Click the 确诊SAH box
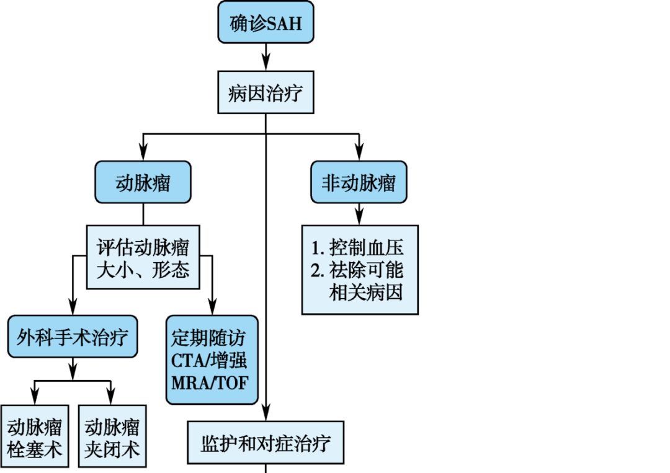click(x=266, y=23)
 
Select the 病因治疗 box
click(x=266, y=93)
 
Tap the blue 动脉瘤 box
click(x=143, y=182)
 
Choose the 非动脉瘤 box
click(x=359, y=182)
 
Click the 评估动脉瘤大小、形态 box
click(x=143, y=257)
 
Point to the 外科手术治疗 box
click(x=73, y=337)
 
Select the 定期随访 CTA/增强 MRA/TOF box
click(x=212, y=360)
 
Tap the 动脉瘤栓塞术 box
click(x=35, y=438)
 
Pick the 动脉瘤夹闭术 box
click(x=112, y=438)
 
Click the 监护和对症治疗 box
click(x=266, y=443)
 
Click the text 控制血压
click(x=367, y=248)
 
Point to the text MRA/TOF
click(x=210, y=382)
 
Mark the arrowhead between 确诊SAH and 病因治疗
click(x=266, y=62)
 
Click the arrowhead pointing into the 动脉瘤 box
click(x=143, y=151)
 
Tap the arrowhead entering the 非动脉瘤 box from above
click(x=359, y=151)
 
